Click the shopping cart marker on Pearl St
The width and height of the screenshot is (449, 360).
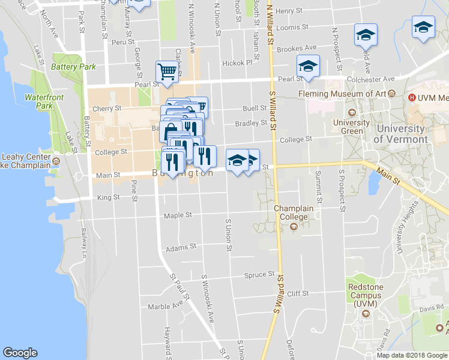click(167, 72)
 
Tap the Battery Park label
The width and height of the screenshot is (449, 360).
click(73, 67)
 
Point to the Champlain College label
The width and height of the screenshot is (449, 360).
click(294, 212)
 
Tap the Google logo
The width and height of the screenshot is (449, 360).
click(20, 353)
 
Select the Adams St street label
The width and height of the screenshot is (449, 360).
click(181, 247)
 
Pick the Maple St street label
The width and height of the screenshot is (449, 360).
click(178, 214)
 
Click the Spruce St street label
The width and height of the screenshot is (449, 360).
click(259, 275)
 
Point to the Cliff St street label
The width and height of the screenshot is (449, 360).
click(298, 293)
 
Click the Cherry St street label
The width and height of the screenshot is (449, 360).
click(109, 109)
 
